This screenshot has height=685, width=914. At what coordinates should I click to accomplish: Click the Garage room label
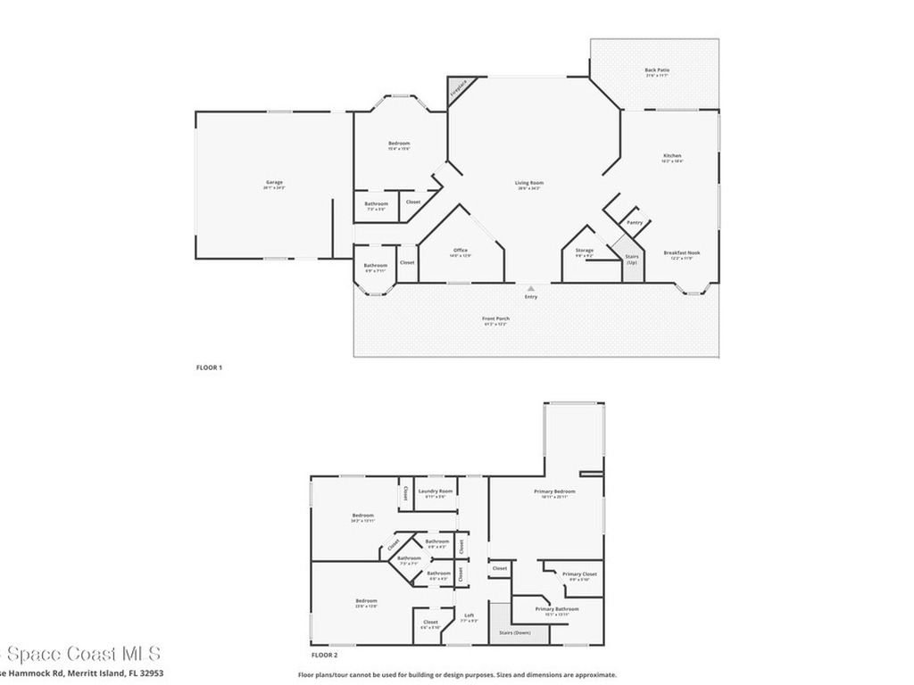pyautogui.click(x=273, y=183)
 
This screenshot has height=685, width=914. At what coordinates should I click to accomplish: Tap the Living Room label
pyautogui.click(x=529, y=184)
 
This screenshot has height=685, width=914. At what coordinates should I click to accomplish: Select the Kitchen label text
pyautogui.click(x=671, y=156)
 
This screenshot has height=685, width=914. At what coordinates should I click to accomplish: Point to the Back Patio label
pyautogui.click(x=656, y=70)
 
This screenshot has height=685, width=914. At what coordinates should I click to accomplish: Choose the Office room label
pyautogui.click(x=461, y=251)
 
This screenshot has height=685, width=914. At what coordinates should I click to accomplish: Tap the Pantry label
pyautogui.click(x=635, y=222)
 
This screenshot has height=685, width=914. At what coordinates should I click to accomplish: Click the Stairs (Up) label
pyautogui.click(x=632, y=260)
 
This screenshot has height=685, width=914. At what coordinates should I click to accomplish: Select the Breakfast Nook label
pyautogui.click(x=682, y=253)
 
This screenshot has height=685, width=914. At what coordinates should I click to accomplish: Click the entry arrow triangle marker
pyautogui.click(x=531, y=288)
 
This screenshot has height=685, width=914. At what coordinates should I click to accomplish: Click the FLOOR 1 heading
pyautogui.click(x=209, y=367)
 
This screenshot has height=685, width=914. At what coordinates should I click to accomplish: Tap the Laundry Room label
pyautogui.click(x=436, y=491)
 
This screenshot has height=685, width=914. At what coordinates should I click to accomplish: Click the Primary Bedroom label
pyautogui.click(x=554, y=491)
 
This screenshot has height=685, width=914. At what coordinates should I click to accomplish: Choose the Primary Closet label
pyautogui.click(x=579, y=574)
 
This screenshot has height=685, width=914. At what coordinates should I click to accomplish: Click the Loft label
pyautogui.click(x=469, y=615)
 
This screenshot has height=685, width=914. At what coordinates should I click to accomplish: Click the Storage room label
pyautogui.click(x=585, y=251)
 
